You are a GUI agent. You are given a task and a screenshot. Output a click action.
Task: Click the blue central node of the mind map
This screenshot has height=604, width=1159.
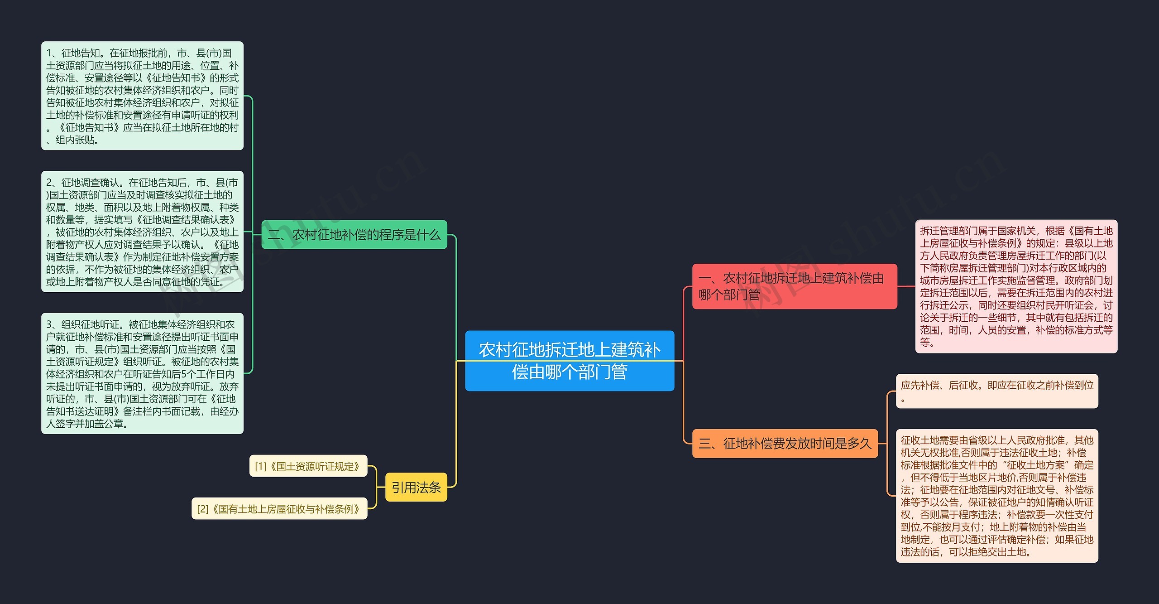click(x=570, y=361)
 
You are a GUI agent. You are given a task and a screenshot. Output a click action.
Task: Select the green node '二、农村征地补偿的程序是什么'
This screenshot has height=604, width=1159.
click(x=354, y=235)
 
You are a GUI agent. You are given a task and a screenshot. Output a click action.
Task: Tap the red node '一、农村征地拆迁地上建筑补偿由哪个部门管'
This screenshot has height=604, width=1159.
click(x=795, y=286)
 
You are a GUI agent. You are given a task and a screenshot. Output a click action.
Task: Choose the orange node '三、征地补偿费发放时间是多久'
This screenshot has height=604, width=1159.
click(x=785, y=443)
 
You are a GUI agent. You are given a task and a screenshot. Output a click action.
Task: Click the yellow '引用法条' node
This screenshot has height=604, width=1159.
click(x=416, y=487)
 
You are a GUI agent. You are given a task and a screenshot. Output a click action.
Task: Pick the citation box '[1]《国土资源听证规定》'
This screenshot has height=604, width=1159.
click(x=308, y=466)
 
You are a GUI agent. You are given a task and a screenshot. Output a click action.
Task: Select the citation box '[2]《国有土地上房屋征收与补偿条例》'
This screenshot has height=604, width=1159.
click(x=279, y=508)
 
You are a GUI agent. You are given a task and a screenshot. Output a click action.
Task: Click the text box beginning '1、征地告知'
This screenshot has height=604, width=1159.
click(x=142, y=96)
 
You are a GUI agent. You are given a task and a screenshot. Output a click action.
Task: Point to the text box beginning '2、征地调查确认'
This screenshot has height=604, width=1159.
click(x=142, y=232)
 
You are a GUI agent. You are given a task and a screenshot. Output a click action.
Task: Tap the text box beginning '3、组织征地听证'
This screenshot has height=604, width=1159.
click(x=142, y=373)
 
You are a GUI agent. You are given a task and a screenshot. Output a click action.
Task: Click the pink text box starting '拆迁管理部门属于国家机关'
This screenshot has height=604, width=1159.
click(x=1016, y=286)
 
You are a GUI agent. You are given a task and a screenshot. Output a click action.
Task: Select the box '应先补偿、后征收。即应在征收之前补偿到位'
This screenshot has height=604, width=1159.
click(x=997, y=391)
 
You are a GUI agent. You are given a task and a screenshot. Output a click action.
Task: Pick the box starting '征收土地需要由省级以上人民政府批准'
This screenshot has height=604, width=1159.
click(x=997, y=496)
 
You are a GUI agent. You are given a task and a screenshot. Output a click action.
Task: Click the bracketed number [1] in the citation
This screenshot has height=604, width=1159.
click(x=261, y=466)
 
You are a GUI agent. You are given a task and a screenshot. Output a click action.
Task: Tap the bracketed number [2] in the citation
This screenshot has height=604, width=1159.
click(x=203, y=509)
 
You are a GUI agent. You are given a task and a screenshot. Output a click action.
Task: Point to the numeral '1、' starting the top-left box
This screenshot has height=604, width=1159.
click(x=53, y=53)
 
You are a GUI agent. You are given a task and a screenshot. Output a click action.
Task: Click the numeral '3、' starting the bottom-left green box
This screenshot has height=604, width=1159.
click(x=53, y=324)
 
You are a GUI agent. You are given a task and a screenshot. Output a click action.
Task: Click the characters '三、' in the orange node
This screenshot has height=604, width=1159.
click(x=711, y=443)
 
